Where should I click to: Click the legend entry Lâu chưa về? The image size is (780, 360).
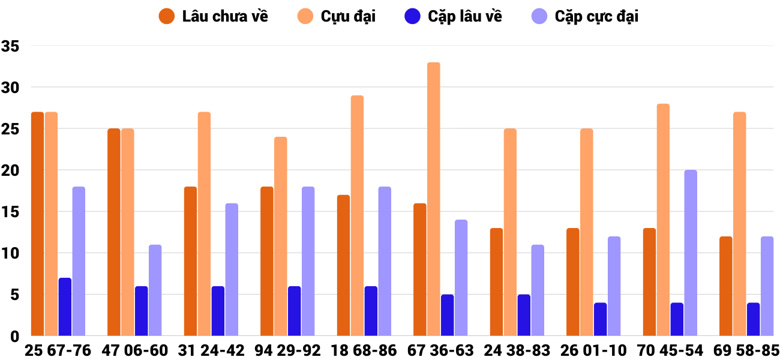click(x=213, y=16)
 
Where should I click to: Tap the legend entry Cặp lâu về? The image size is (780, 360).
click(x=453, y=16)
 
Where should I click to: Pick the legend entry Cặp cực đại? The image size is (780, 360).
click(x=585, y=16)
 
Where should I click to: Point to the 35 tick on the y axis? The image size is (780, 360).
click(x=11, y=46)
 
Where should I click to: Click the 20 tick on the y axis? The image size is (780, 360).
click(x=11, y=171)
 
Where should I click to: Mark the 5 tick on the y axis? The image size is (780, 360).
click(x=14, y=295)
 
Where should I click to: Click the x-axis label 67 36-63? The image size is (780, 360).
click(x=440, y=350)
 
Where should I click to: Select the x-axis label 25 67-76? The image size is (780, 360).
click(x=58, y=350)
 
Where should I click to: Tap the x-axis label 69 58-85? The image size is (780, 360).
click(x=746, y=350)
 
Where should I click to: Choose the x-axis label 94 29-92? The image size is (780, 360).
click(x=287, y=350)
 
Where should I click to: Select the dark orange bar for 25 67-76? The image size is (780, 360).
click(x=38, y=224)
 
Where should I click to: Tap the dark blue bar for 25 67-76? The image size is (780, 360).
click(x=65, y=307)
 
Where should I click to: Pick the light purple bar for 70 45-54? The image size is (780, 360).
click(x=691, y=253)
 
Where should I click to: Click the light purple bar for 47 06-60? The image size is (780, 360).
click(x=155, y=290)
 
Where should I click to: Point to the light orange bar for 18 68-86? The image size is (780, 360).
click(x=357, y=215)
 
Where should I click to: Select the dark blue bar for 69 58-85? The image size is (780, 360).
click(x=753, y=319)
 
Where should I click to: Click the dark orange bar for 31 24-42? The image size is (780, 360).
click(x=190, y=261)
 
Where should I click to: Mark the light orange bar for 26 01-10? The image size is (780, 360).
click(x=587, y=232)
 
